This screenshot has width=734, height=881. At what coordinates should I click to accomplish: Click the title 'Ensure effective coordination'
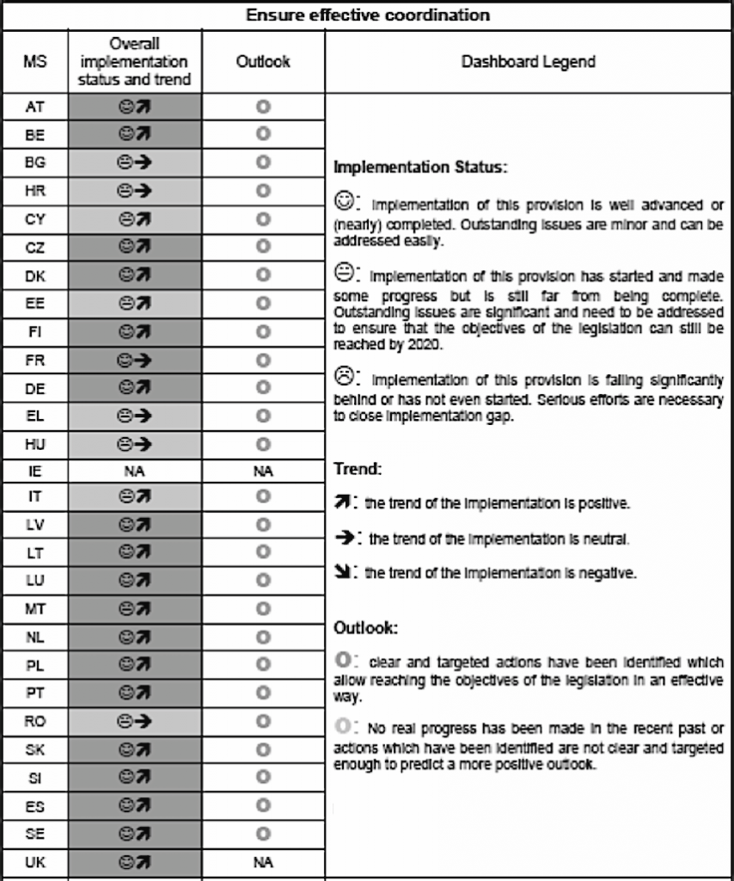click(x=367, y=15)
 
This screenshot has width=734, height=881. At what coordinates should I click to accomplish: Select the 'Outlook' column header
click(x=263, y=62)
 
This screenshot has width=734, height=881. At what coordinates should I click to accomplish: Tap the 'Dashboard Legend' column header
click(x=529, y=62)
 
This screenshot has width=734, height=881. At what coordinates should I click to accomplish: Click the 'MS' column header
click(x=35, y=62)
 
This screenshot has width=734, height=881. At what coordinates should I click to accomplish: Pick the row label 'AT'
click(x=35, y=108)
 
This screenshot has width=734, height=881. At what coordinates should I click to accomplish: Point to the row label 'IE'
click(x=35, y=471)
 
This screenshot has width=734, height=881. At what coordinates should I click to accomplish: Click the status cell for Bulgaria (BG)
click(x=134, y=162)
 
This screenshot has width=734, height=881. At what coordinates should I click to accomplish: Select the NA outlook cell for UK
click(x=263, y=860)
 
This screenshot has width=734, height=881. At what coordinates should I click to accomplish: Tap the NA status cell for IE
click(x=134, y=471)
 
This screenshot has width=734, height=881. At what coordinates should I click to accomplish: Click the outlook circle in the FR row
click(x=263, y=361)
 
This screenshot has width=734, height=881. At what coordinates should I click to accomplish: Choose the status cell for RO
click(x=134, y=723)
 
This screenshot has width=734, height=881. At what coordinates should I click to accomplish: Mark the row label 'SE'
click(x=35, y=833)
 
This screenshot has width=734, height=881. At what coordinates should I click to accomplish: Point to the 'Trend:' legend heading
click(x=356, y=471)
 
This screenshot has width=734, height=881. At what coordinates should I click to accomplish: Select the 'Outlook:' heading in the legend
click(x=365, y=628)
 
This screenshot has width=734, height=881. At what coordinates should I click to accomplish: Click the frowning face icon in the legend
click(x=343, y=376)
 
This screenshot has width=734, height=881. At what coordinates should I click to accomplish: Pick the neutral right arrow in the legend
click(x=342, y=538)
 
